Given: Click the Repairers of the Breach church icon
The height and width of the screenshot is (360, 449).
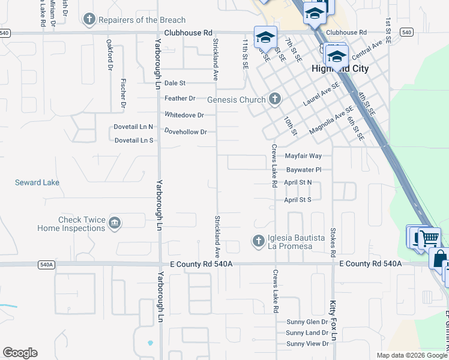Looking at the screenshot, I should point(89,20).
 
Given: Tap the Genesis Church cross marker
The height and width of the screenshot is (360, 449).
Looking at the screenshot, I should point(275,99).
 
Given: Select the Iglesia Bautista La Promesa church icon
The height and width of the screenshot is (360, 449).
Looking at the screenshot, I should point(259,241).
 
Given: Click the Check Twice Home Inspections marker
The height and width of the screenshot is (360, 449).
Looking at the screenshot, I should point(115,224).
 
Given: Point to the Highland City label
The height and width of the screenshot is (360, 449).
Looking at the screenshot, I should point(340,69).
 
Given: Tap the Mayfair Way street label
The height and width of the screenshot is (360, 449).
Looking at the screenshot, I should point(303,156).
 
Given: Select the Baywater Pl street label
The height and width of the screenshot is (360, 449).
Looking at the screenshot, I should point(304,170).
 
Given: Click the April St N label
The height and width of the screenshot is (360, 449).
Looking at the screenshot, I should point(298,182).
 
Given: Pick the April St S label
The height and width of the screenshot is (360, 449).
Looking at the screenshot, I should point(297,200).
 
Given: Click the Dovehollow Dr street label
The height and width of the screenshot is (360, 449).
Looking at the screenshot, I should point(185,131).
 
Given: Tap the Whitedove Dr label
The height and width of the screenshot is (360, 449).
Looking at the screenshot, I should point(184,115).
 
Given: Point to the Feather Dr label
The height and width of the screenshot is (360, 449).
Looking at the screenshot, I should point(180,98).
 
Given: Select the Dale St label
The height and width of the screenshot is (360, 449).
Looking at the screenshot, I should point(175,83).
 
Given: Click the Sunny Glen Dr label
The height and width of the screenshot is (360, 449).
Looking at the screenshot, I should point(307,322).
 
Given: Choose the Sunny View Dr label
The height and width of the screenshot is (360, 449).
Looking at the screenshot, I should point(307,344).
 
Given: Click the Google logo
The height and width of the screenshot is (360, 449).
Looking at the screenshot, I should point(20,353).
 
